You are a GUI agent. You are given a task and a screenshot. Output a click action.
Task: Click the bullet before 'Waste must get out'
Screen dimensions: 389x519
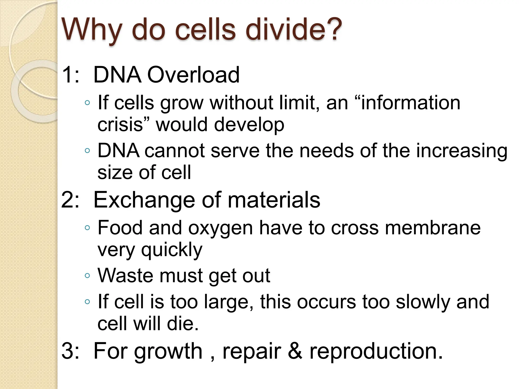[x=87, y=276]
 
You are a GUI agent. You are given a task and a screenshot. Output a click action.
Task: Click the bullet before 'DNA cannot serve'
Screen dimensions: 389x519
[x=87, y=151]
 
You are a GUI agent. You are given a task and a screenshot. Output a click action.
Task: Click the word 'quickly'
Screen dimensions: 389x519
[x=172, y=250]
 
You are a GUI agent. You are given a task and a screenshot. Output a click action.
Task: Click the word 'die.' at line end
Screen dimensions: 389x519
[x=182, y=324]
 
